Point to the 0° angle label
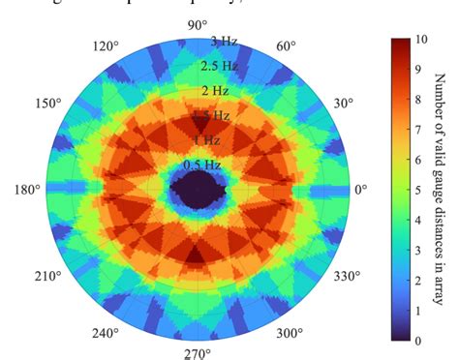(x=361, y=190)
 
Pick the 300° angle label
(x=289, y=333)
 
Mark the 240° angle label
(x=105, y=333)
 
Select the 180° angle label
(x=26, y=190)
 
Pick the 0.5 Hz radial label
(x=201, y=165)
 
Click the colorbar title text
(x=441, y=190)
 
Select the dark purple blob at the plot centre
(x=198, y=191)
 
